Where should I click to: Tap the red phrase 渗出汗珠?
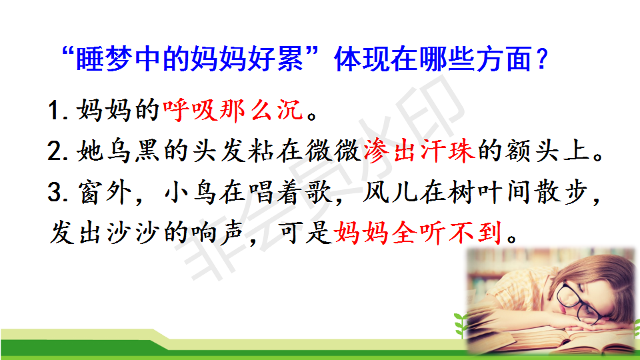click(419, 151)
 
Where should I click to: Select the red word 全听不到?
click(447, 233)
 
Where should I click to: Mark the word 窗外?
click(105, 192)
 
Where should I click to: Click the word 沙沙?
click(133, 233)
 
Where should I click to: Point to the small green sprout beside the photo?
click(461, 325)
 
